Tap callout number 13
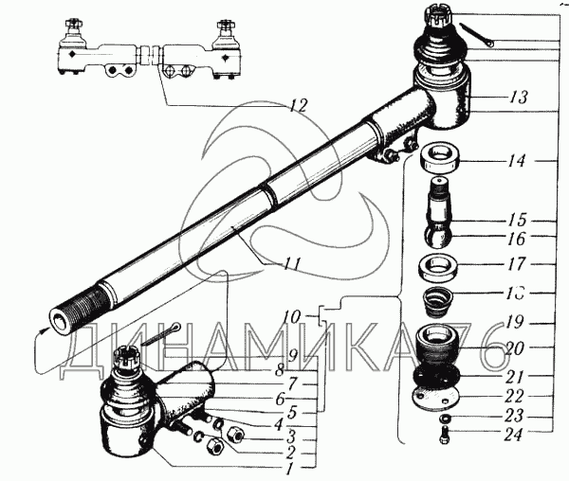[x=517, y=98]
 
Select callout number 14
[x=516, y=162]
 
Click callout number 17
[x=516, y=265]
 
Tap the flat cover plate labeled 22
[x=439, y=397]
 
